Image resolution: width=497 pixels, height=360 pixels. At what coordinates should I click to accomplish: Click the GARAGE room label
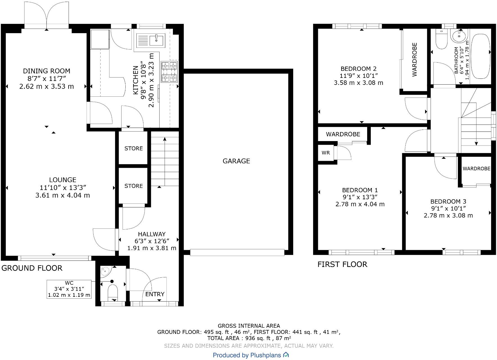pos(236,161)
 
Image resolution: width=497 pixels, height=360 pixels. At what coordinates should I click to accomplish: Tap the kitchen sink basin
pos(157,40)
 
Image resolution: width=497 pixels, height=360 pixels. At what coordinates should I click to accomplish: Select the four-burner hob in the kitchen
pos(169,72)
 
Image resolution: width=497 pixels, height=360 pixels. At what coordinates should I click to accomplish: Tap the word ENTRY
pos(155,294)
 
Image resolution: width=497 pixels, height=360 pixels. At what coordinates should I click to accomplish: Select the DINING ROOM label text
pos(47,71)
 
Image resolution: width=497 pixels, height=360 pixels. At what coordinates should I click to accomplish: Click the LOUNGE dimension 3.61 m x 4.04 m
pos(63,195)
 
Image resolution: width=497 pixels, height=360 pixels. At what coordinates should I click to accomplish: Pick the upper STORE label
pos(134,148)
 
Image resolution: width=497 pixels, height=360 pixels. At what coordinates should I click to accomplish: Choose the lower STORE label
pos(134,186)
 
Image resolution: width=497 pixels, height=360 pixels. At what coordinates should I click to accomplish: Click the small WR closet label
pos(326,153)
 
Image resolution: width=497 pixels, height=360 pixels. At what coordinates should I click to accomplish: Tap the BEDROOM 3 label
pos(448,201)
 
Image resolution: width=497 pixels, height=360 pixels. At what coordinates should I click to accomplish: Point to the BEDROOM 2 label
pos(358,69)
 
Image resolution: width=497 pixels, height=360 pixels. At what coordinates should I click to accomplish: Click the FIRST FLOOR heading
pos(342,264)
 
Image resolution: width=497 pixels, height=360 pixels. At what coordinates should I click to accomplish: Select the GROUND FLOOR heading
pos(32,268)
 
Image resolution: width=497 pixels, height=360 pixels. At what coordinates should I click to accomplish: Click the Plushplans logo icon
pos(286,355)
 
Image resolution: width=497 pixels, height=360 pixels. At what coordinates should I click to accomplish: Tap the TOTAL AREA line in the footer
pos(249,338)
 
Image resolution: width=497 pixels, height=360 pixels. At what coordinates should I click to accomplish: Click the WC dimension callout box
pos(69,289)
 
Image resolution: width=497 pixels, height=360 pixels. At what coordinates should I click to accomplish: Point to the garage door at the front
pos(237,252)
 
